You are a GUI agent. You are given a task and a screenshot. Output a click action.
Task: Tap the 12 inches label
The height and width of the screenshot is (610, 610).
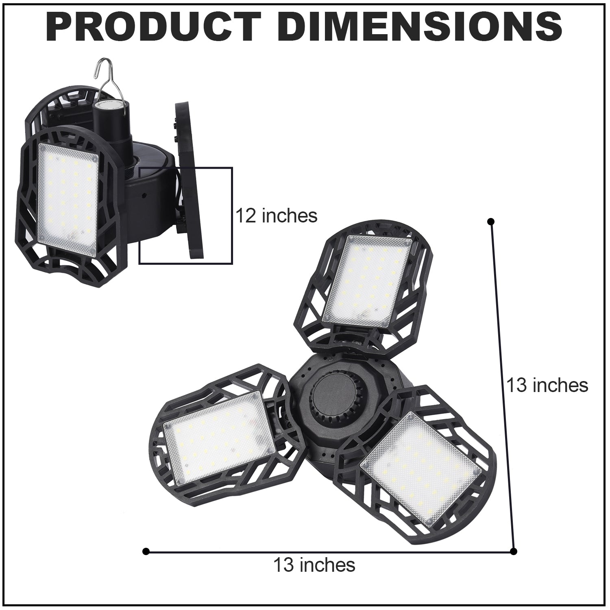click(x=277, y=216)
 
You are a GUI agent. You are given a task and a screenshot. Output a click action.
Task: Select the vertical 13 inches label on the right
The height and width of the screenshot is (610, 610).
click(x=547, y=385)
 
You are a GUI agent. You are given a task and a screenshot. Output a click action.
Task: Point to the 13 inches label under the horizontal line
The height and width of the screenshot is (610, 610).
click(x=314, y=565)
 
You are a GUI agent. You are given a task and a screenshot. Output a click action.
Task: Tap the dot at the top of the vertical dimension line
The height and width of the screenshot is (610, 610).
click(x=491, y=221)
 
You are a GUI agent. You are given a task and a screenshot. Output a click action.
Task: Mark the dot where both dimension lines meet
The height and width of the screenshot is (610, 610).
click(x=513, y=551)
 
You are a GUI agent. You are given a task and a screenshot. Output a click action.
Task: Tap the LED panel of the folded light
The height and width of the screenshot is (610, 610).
click(x=68, y=197)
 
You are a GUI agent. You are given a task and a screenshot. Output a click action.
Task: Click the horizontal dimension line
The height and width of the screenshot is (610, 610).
click(x=325, y=552)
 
